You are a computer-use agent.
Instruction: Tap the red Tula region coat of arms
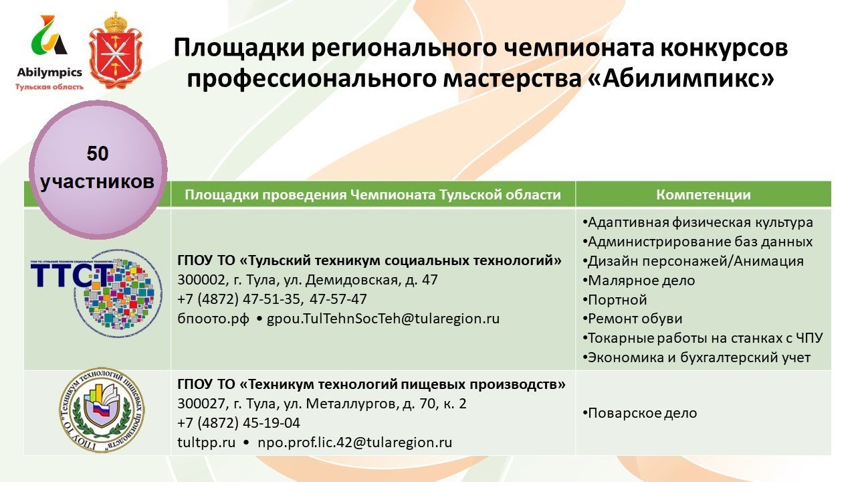pyautogui.click(x=116, y=51)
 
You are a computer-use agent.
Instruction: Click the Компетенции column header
pyautogui.click(x=703, y=195)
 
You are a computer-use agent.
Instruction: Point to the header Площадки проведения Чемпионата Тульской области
pyautogui.click(x=372, y=195)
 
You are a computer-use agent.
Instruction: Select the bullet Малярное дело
pyautogui.click(x=639, y=280)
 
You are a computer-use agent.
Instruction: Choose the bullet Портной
pyautogui.click(x=615, y=299)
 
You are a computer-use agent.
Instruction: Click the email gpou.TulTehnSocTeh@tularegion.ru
pyautogui.click(x=383, y=319)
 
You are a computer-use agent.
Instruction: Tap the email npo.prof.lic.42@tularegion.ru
pyautogui.click(x=355, y=443)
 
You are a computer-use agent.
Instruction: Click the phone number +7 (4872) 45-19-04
pyautogui.click(x=239, y=423)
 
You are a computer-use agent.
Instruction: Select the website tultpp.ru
pyautogui.click(x=206, y=443)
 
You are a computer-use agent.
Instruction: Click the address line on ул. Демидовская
pyautogui.click(x=308, y=280)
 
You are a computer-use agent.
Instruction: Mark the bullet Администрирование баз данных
pyautogui.click(x=698, y=242)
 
